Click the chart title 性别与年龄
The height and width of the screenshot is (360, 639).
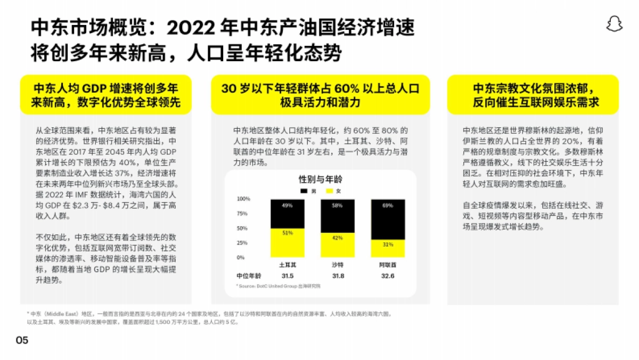point(319,179)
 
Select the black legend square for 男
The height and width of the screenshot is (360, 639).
point(304,191)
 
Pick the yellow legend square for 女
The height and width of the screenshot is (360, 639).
point(329,191)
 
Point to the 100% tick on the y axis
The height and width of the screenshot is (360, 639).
point(243,199)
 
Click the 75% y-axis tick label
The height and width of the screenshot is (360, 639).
point(243,214)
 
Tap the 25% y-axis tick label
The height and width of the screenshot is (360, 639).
point(243,243)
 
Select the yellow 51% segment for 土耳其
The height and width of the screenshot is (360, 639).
point(287,243)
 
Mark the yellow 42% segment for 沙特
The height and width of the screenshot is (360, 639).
point(337,246)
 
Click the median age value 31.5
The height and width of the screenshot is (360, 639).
point(287,276)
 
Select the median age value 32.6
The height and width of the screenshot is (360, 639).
point(387,276)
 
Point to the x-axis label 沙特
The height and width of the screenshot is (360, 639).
point(337,265)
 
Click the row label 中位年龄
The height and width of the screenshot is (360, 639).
point(249,276)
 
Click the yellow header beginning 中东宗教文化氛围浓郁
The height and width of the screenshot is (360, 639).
point(532,95)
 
